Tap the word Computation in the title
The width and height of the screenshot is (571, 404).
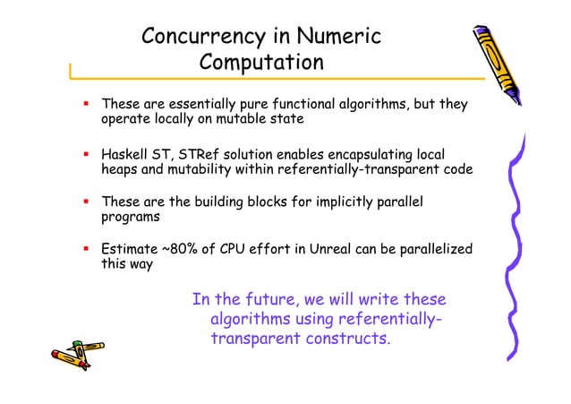click(x=260, y=63)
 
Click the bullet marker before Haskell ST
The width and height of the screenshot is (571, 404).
click(x=87, y=152)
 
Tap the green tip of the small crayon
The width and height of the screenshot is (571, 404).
click(x=78, y=343)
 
